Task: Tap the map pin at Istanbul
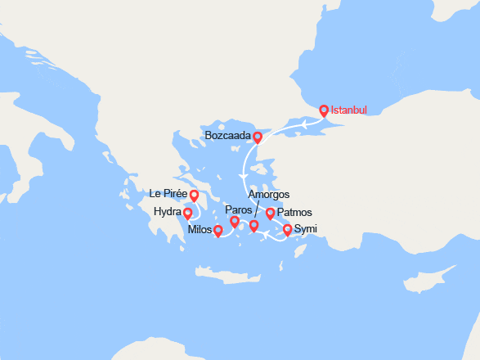coord(324,110)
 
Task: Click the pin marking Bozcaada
coord(258,137)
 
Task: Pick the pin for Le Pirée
coord(194,196)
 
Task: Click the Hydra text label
coord(167,213)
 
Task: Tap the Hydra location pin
coord(187,214)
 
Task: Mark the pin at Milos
coord(218,231)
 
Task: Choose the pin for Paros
coord(235,222)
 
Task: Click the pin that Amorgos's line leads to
coord(253,226)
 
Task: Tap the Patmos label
coord(294,213)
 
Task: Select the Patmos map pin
coord(270,214)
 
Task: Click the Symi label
coord(306,228)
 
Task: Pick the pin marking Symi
coord(287,230)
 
